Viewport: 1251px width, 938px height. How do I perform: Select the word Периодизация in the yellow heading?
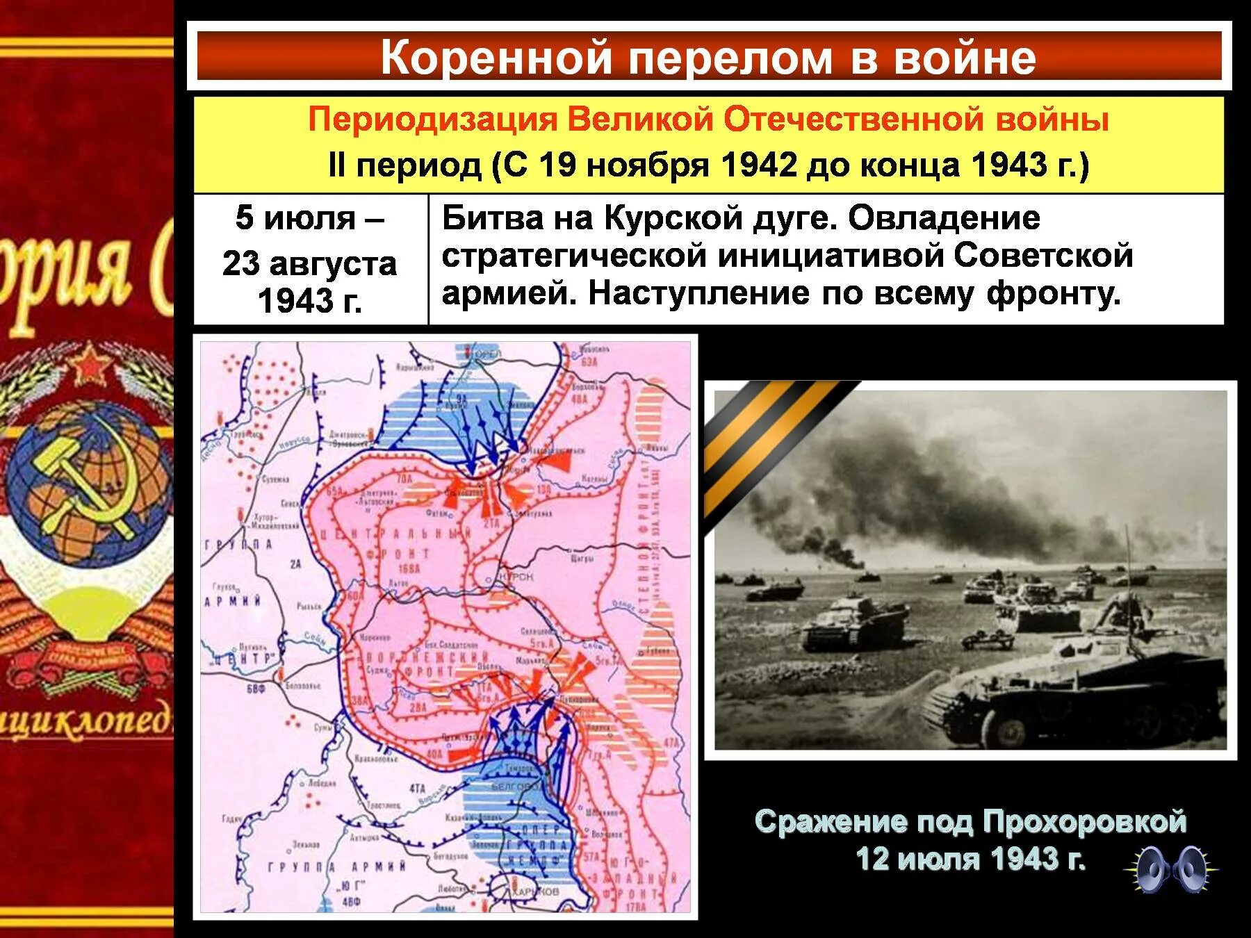[432, 120]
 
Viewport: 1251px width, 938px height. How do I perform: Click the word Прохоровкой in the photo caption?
[1084, 822]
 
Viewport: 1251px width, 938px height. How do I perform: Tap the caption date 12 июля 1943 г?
[970, 859]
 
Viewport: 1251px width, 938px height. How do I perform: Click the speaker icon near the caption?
[1171, 869]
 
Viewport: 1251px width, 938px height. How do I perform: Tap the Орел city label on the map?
[490, 354]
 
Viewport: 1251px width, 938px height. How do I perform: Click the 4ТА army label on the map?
[416, 788]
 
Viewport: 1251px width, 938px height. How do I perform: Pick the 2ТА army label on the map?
[491, 522]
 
